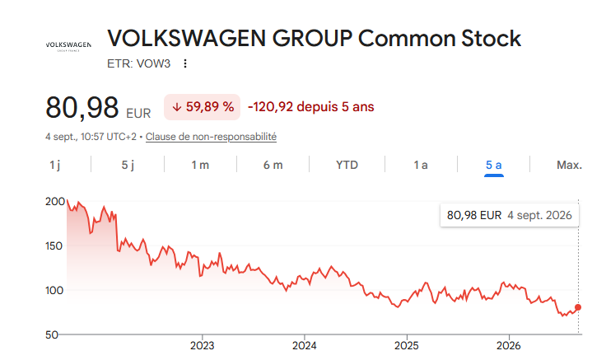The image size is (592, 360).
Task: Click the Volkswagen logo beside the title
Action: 68,46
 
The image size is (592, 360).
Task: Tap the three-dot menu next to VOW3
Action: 185,63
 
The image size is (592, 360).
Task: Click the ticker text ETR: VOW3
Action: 138,63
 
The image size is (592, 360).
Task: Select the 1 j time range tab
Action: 54,165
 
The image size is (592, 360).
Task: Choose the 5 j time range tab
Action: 128,165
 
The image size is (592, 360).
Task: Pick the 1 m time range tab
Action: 200,165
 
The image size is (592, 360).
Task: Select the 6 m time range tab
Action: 273,165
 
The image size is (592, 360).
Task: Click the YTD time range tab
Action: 347,165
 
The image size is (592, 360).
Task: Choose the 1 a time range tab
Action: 421,165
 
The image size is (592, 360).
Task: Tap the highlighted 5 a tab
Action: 493,165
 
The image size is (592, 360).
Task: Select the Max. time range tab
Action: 569,165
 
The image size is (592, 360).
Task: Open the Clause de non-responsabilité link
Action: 211,137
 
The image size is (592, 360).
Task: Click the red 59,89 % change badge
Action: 202,107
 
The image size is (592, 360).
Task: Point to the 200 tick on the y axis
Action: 55,202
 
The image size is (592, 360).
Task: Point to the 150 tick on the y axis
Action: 54,246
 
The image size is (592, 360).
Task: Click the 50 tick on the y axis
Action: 52,335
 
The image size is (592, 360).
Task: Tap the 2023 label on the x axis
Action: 203,346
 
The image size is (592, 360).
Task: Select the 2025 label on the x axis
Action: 407,346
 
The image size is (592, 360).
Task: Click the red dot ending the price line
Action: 578,307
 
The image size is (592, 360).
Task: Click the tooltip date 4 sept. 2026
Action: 539,215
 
